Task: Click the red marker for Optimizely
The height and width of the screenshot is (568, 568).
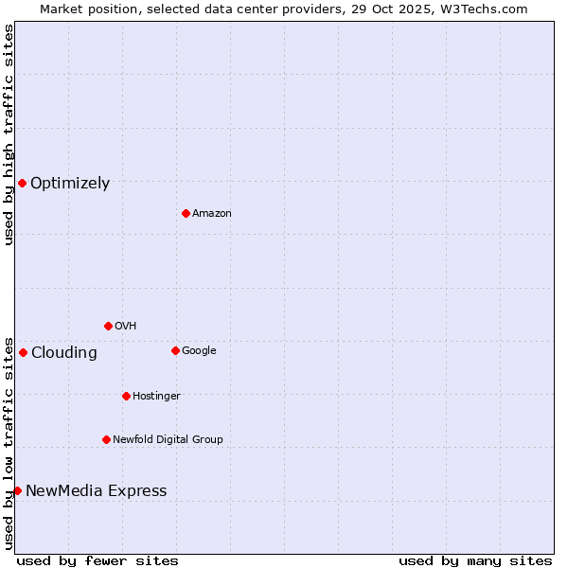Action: click(x=22, y=183)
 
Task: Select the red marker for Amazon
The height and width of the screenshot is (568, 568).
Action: click(x=186, y=213)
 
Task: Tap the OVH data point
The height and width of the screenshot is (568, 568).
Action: click(x=108, y=326)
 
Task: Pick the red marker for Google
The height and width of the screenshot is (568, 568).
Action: click(x=175, y=350)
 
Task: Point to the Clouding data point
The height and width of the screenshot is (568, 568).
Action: click(x=23, y=352)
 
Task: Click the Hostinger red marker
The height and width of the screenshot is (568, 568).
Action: click(x=126, y=396)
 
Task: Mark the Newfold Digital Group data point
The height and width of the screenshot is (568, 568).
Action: click(x=106, y=439)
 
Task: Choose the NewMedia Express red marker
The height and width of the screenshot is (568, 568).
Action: click(x=17, y=490)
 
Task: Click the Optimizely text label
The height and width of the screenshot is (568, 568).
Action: click(x=70, y=184)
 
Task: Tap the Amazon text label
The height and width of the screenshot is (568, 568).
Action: click(x=212, y=214)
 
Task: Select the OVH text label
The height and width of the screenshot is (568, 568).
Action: click(x=126, y=327)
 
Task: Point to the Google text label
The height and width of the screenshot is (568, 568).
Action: click(x=199, y=351)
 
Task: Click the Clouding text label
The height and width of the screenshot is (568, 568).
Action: click(x=64, y=353)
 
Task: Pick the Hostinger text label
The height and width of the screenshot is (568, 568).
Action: click(x=156, y=397)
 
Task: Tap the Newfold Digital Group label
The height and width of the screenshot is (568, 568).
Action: click(x=168, y=440)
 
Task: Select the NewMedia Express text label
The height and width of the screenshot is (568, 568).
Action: click(x=97, y=491)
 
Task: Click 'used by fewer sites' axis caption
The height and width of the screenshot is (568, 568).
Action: click(x=98, y=561)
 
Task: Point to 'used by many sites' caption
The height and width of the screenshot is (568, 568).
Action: click(x=475, y=561)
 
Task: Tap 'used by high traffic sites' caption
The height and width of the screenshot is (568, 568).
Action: click(x=9, y=134)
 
